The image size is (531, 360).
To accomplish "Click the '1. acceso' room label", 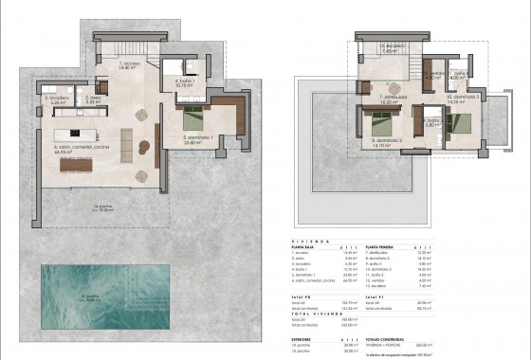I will (x=130, y=65).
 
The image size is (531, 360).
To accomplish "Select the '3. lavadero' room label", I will (x=54, y=98).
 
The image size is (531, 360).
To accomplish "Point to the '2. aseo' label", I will (x=94, y=97).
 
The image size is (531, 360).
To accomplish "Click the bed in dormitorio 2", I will (x=380, y=121).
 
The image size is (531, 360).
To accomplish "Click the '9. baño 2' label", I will (x=431, y=121).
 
